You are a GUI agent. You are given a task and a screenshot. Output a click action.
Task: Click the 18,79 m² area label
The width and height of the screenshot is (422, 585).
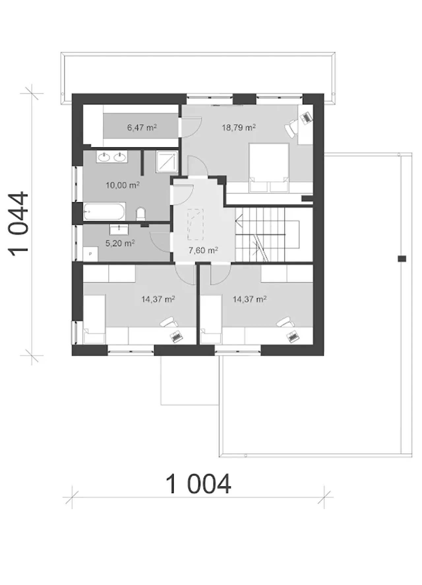(239, 127)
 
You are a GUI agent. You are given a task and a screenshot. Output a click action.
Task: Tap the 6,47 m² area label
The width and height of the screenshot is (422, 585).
(142, 127)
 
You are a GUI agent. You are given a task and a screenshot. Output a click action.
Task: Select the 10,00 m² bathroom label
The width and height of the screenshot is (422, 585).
(122, 185)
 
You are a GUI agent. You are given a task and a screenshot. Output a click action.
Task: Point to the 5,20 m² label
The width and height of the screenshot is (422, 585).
(120, 243)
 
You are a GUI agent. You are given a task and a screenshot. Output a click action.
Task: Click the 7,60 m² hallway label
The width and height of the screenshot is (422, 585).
(203, 250)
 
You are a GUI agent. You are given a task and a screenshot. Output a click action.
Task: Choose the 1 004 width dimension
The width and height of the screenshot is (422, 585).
(198, 484)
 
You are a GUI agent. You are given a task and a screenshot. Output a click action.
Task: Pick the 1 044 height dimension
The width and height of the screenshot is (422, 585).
(18, 224)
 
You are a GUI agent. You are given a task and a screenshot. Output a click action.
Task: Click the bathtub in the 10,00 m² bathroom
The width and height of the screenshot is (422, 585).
(104, 212)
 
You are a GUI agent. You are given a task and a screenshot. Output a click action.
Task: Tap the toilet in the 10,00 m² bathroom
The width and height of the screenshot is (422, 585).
(140, 214)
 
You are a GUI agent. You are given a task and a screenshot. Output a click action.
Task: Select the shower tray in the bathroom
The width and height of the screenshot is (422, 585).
(167, 161)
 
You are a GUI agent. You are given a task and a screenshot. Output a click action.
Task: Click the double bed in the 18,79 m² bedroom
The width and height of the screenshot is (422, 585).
(269, 167)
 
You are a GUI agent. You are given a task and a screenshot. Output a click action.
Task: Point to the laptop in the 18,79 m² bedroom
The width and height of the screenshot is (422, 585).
(306, 117)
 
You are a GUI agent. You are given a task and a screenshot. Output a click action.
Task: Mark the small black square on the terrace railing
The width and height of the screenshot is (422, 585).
(402, 259)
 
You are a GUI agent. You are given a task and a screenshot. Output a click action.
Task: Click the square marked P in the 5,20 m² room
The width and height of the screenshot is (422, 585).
(90, 254)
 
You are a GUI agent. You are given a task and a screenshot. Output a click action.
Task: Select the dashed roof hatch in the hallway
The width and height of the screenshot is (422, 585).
(195, 225)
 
